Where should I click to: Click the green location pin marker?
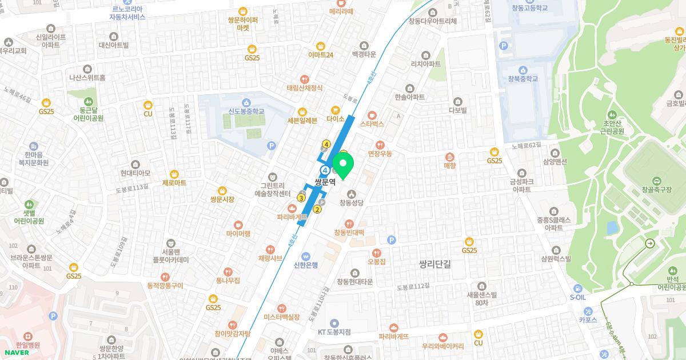tap(344, 165)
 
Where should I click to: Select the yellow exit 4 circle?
tap(326, 144)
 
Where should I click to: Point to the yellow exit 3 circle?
tap(301, 198)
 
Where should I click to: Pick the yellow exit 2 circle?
tap(317, 209)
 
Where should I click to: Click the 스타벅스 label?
tap(372, 123)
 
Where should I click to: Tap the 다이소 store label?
tap(335, 119)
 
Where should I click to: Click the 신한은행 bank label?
tap(306, 264)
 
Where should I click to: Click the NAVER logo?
tap(15, 352)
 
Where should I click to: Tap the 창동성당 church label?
tap(352, 202)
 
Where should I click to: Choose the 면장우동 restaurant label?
tap(380, 154)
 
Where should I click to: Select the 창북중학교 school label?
tap(523, 78)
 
